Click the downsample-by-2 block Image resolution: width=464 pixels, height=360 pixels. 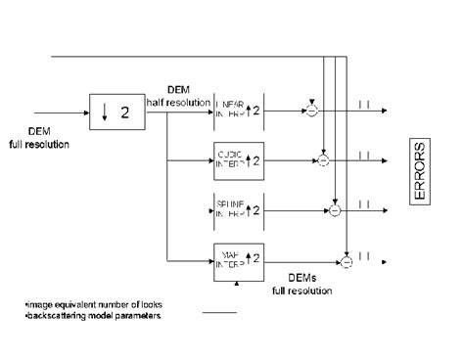(116, 112)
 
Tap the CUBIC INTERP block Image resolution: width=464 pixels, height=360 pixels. (238, 157)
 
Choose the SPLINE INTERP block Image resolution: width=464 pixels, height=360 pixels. (238, 208)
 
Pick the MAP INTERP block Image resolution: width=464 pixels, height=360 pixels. (238, 259)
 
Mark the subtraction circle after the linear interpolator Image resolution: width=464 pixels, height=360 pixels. (311, 112)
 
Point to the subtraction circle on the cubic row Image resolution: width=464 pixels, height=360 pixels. (322, 157)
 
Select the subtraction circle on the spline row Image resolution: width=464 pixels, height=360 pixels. (334, 209)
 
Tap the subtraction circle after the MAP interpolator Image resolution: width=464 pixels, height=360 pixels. (346, 260)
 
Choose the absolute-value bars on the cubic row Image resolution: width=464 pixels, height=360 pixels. (363, 157)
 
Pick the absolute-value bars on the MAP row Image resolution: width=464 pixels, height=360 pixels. (363, 260)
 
